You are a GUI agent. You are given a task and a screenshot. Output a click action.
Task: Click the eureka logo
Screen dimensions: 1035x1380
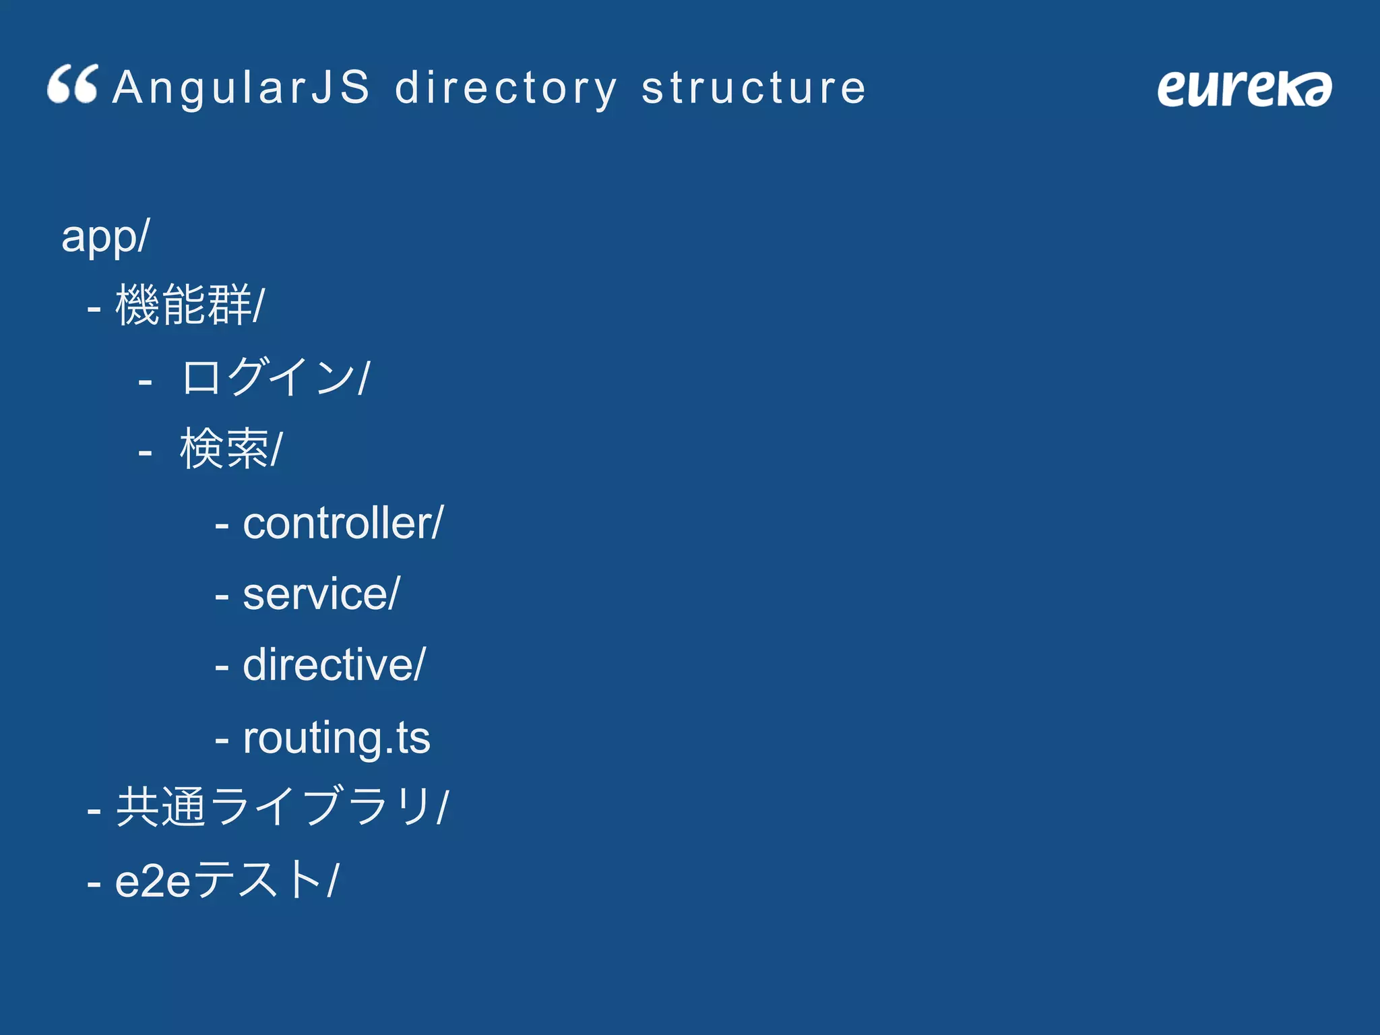pos(1244,88)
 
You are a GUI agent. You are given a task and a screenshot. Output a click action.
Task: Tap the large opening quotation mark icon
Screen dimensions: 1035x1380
pos(73,85)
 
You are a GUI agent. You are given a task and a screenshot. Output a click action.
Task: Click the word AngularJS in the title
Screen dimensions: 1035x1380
pos(241,88)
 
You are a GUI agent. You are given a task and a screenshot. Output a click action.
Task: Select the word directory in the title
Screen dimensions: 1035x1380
pos(505,88)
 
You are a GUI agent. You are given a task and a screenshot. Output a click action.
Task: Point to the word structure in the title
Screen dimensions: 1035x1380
pos(753,88)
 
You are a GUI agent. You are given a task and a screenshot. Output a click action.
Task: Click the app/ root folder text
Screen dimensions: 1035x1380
pos(105,236)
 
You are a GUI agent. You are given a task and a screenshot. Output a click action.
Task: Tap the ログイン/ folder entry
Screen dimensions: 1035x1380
pos(275,377)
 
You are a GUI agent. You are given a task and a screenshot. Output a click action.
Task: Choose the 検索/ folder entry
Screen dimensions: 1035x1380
pos(230,449)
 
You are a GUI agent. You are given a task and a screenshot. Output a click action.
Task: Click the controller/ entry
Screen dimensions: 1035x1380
pos(342,523)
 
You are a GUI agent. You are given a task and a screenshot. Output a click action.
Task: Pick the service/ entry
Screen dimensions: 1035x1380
pos(321,594)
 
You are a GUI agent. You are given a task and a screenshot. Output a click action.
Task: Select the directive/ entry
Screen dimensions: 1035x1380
pos(334,665)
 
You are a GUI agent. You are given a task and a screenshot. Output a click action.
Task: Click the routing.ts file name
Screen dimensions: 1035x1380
pos(336,738)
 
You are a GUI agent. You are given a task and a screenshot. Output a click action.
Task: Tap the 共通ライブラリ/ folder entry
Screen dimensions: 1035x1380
pos(282,807)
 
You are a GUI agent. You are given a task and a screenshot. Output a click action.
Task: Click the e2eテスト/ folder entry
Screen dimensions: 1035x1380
pos(226,880)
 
